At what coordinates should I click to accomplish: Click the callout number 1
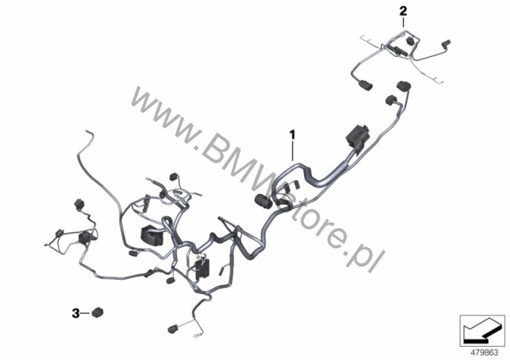coord(293,135)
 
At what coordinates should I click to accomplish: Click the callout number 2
coord(404,11)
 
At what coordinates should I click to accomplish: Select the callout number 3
coord(76,313)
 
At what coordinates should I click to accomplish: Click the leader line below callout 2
coord(404,25)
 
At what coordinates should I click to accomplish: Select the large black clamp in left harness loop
coord(152,234)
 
